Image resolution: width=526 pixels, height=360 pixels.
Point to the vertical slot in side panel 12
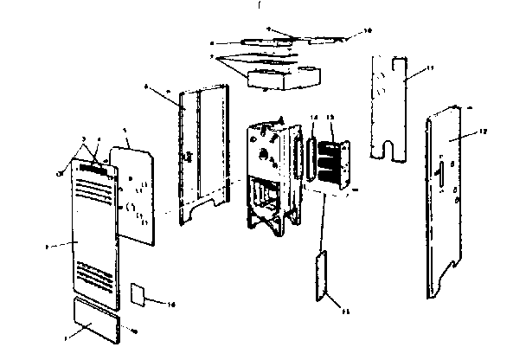tap(440, 174)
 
